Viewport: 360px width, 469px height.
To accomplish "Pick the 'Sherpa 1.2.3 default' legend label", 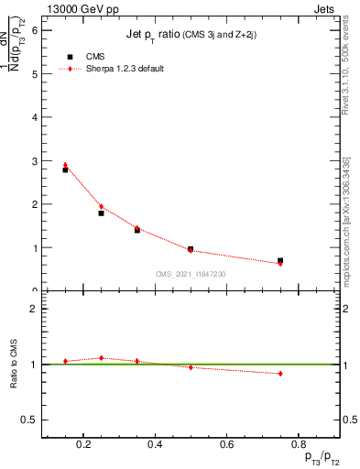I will (125, 69).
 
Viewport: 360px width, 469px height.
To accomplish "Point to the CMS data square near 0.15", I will (65, 169).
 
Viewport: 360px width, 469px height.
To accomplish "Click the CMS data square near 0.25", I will (101, 213).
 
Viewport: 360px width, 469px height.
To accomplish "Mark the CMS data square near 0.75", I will (280, 261).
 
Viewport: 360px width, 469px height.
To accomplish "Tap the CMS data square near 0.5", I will (191, 249).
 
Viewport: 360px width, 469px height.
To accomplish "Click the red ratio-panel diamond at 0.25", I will (101, 358).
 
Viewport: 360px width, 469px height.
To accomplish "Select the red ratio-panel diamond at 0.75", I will (280, 374).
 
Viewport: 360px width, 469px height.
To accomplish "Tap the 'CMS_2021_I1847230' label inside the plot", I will (191, 274).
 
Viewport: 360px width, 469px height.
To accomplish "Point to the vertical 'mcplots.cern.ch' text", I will (346, 247).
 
